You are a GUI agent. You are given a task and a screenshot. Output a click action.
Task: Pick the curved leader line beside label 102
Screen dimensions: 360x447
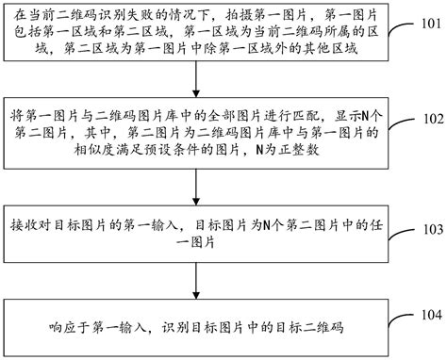402,123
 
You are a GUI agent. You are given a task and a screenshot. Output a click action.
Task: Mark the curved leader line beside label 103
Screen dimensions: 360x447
402,230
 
